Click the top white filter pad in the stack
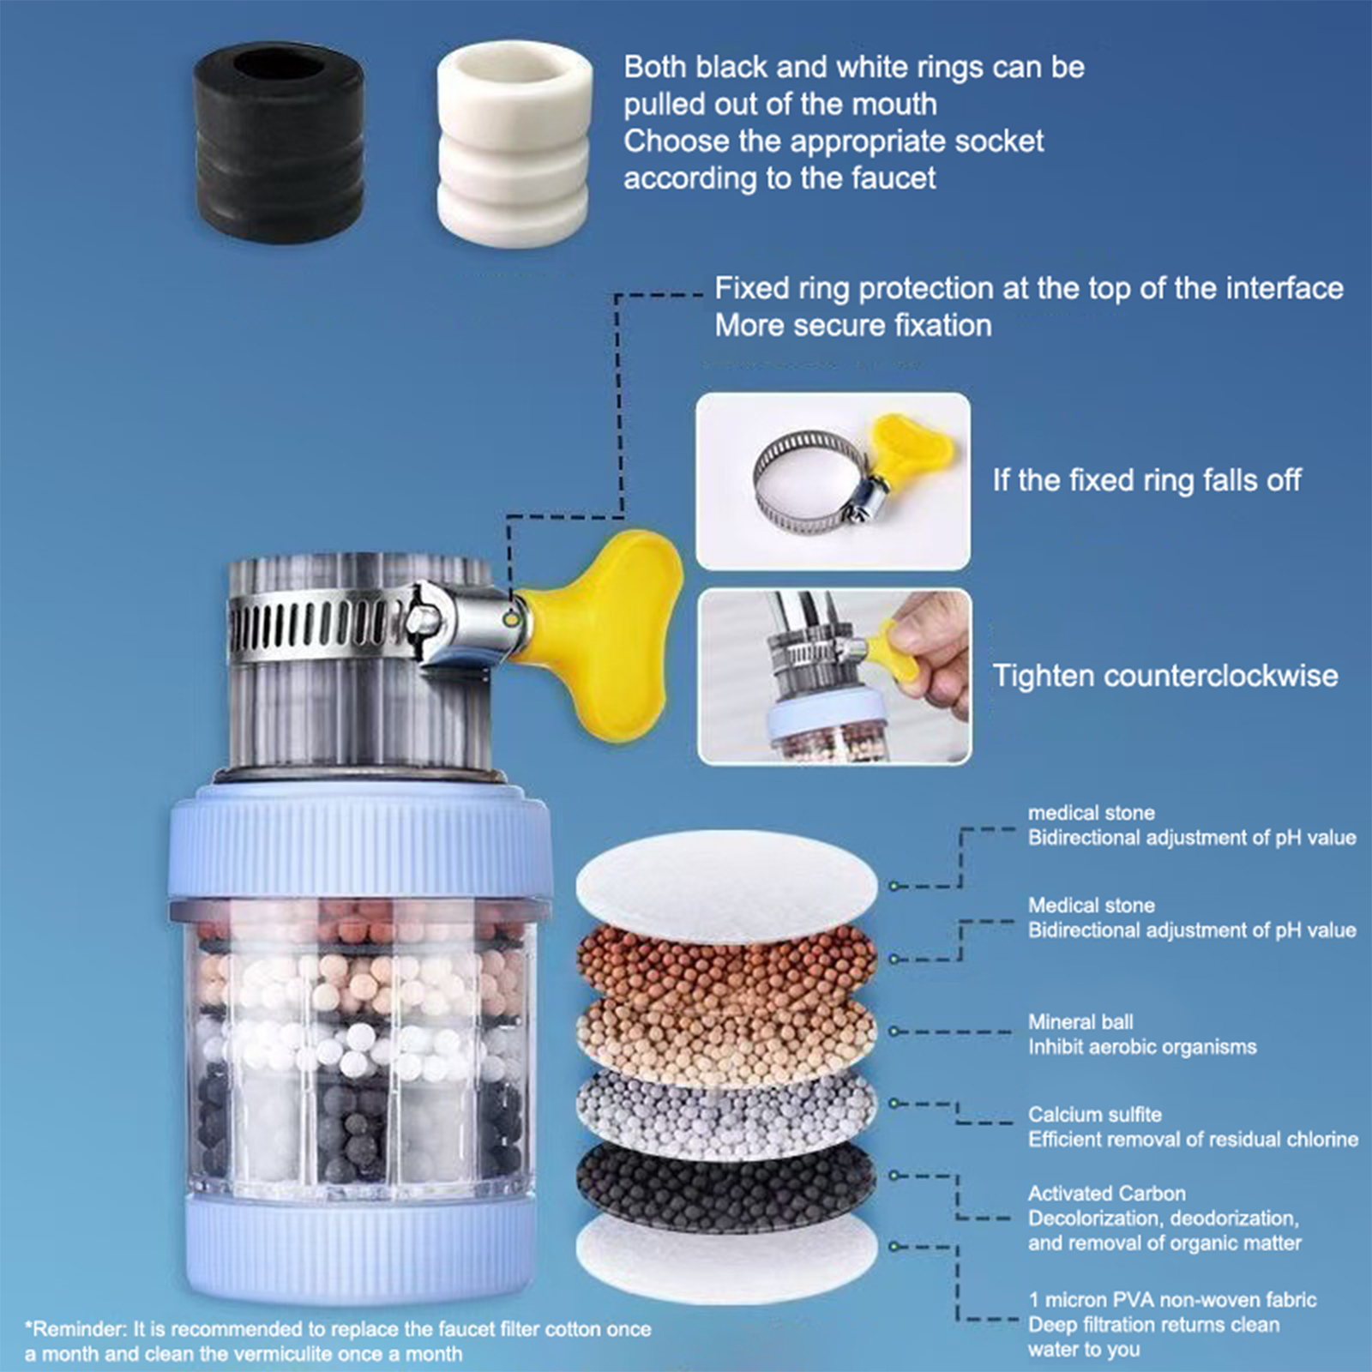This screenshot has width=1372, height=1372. click(727, 885)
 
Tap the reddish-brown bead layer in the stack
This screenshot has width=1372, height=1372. click(727, 965)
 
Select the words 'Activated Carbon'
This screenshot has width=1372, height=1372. click(1107, 1194)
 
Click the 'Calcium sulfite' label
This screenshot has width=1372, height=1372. click(1095, 1115)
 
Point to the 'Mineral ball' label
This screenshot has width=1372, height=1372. click(1080, 1022)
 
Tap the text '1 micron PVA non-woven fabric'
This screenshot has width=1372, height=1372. click(1172, 1300)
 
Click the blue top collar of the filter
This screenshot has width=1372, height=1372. click(360, 845)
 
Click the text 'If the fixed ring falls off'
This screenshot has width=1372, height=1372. click(1146, 480)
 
